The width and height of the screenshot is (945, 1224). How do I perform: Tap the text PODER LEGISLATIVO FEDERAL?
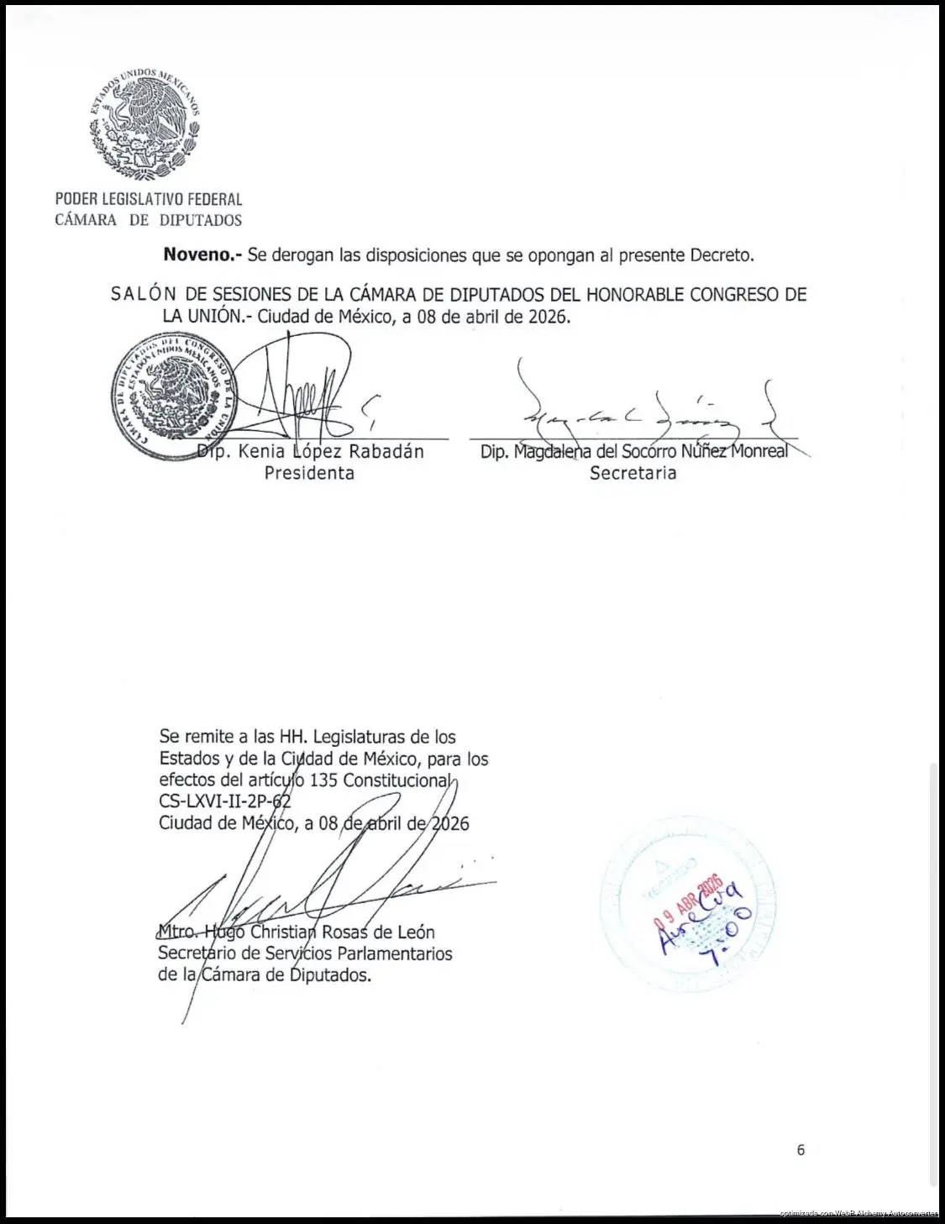pos(149,199)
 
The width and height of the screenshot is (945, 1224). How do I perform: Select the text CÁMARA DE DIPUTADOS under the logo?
pos(149,220)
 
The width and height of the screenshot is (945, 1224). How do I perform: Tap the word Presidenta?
pos(309,473)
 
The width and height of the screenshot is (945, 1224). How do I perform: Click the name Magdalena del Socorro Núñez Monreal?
pos(634,452)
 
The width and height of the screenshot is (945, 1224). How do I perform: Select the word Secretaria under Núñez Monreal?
pos(633,473)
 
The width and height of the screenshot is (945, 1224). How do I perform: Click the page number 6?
pos(801,1150)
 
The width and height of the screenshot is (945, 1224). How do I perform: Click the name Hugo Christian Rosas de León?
pos(319,932)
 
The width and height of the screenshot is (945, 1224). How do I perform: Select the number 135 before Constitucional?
pos(323,780)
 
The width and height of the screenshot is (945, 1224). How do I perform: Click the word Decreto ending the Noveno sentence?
pos(721,255)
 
